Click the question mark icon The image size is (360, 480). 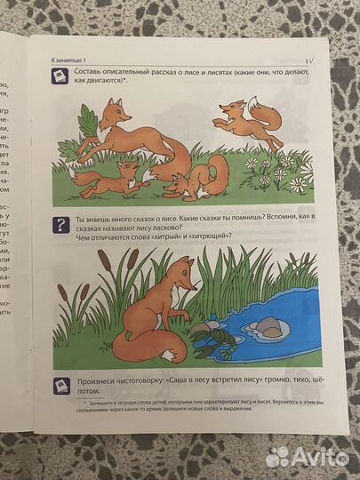click(60, 225)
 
